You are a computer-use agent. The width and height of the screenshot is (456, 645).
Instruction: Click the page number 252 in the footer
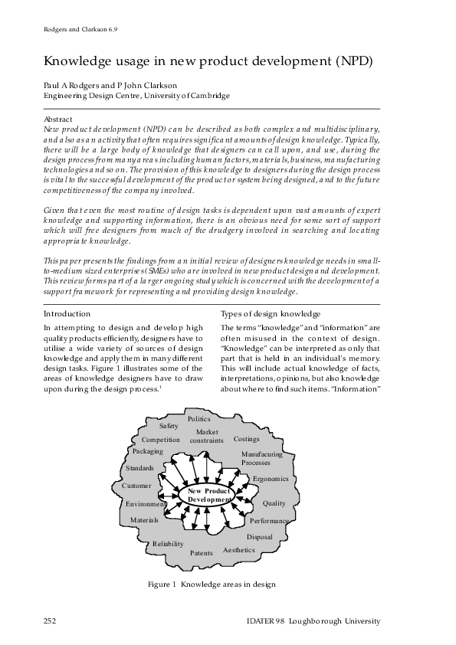(50, 620)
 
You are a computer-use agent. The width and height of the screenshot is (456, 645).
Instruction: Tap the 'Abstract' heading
(58, 120)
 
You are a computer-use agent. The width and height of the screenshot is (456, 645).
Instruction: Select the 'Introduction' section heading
(67, 314)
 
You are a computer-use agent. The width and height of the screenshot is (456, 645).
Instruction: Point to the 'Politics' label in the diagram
(199, 419)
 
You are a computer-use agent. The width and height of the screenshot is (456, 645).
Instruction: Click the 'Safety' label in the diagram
(169, 426)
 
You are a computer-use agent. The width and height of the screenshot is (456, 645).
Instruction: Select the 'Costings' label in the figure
(246, 440)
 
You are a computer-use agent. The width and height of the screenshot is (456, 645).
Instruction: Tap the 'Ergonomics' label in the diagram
(270, 479)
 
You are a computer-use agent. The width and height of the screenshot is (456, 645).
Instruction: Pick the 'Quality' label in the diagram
(274, 503)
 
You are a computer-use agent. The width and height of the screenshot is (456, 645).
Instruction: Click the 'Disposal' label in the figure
(260, 537)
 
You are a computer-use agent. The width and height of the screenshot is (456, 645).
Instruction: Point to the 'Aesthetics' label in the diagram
(239, 550)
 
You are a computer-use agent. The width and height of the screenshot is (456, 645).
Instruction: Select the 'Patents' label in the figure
(202, 552)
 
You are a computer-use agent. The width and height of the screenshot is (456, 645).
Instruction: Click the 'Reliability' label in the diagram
(168, 544)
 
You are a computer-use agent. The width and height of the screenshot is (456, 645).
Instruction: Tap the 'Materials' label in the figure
(144, 520)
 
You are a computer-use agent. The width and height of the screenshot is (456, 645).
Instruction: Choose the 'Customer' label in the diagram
(136, 486)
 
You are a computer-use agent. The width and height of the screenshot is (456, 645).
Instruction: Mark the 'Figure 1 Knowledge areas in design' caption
(212, 584)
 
